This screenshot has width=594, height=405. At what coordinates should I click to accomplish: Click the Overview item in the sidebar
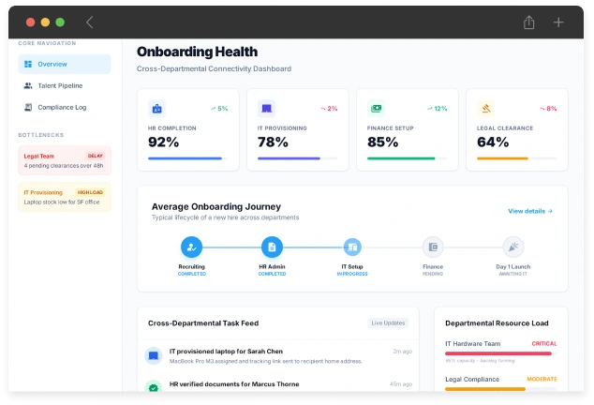click(x=64, y=64)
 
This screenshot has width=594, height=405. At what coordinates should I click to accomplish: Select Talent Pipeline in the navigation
click(x=60, y=85)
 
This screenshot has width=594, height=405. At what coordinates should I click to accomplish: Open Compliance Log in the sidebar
click(x=61, y=107)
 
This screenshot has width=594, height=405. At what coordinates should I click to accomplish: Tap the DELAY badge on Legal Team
click(x=95, y=156)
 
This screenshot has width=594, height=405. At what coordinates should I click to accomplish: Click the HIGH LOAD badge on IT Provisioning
click(x=90, y=192)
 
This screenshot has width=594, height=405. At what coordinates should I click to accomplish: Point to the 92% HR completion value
click(x=164, y=142)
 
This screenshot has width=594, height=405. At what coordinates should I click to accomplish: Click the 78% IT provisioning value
click(x=273, y=142)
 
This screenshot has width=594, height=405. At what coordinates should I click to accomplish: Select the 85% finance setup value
click(x=382, y=142)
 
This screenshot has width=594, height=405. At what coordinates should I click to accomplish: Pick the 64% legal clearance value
click(x=493, y=142)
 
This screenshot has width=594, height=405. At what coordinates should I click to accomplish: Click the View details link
click(x=530, y=211)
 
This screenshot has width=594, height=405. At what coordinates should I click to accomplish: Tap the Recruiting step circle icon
click(x=191, y=247)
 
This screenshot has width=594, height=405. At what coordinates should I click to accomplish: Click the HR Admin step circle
click(x=272, y=247)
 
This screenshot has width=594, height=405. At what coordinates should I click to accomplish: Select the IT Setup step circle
click(x=352, y=247)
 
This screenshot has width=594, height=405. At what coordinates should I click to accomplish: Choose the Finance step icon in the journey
click(x=433, y=247)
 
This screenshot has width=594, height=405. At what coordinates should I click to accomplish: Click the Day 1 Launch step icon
click(x=513, y=247)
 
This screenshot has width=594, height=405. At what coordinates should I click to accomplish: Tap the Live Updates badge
click(x=388, y=322)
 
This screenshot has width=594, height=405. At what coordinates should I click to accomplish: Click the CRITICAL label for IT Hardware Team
click(x=543, y=344)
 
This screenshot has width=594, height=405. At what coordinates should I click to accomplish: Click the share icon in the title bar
click(x=529, y=22)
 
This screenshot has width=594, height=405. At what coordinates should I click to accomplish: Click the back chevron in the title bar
click(x=90, y=22)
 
